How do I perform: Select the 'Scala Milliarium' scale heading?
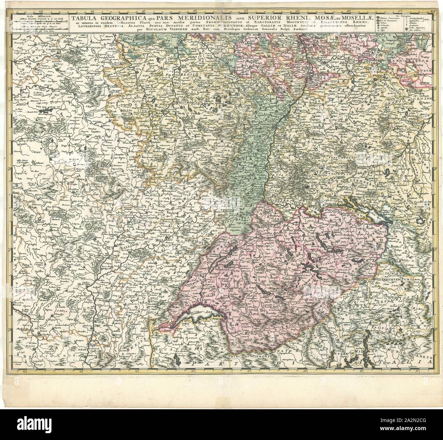(x=31, y=15)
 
